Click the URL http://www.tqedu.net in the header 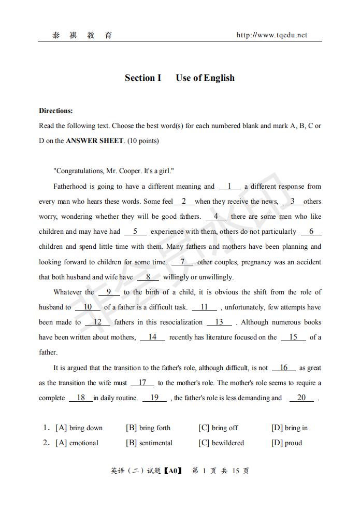point(271,35)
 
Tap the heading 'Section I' point(143,78)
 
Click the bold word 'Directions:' point(56,110)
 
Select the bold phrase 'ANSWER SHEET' point(95,140)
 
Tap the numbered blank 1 point(229,186)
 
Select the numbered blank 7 point(182,262)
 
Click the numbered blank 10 point(88,307)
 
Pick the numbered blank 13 point(219,322)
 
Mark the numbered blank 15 point(293,337)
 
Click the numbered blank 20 point(301,398)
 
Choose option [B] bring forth point(148,428)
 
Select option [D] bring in point(289,428)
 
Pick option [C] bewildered point(221,443)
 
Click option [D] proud point(286,443)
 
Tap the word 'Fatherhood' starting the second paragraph point(70,186)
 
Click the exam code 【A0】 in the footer point(173,471)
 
